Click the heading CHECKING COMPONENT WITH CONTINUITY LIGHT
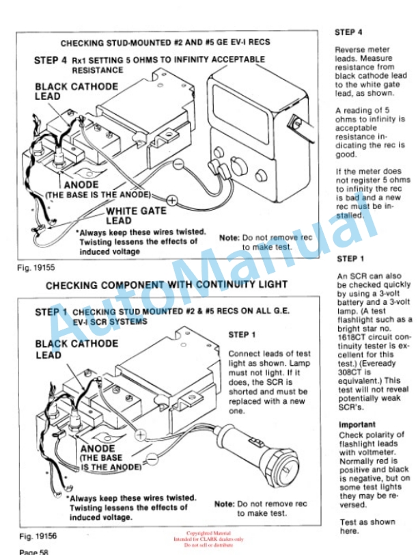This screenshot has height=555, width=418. point(166,284)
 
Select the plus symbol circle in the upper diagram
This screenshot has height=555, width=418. point(173,200)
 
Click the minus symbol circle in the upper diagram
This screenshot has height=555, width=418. point(177,164)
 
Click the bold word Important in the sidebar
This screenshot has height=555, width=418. point(357,424)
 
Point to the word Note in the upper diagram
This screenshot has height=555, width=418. point(229,237)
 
